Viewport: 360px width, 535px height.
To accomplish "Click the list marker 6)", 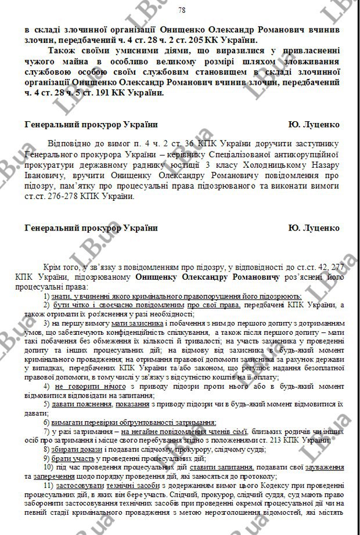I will [46, 422].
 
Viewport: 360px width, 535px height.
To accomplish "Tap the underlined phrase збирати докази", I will [74, 451].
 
